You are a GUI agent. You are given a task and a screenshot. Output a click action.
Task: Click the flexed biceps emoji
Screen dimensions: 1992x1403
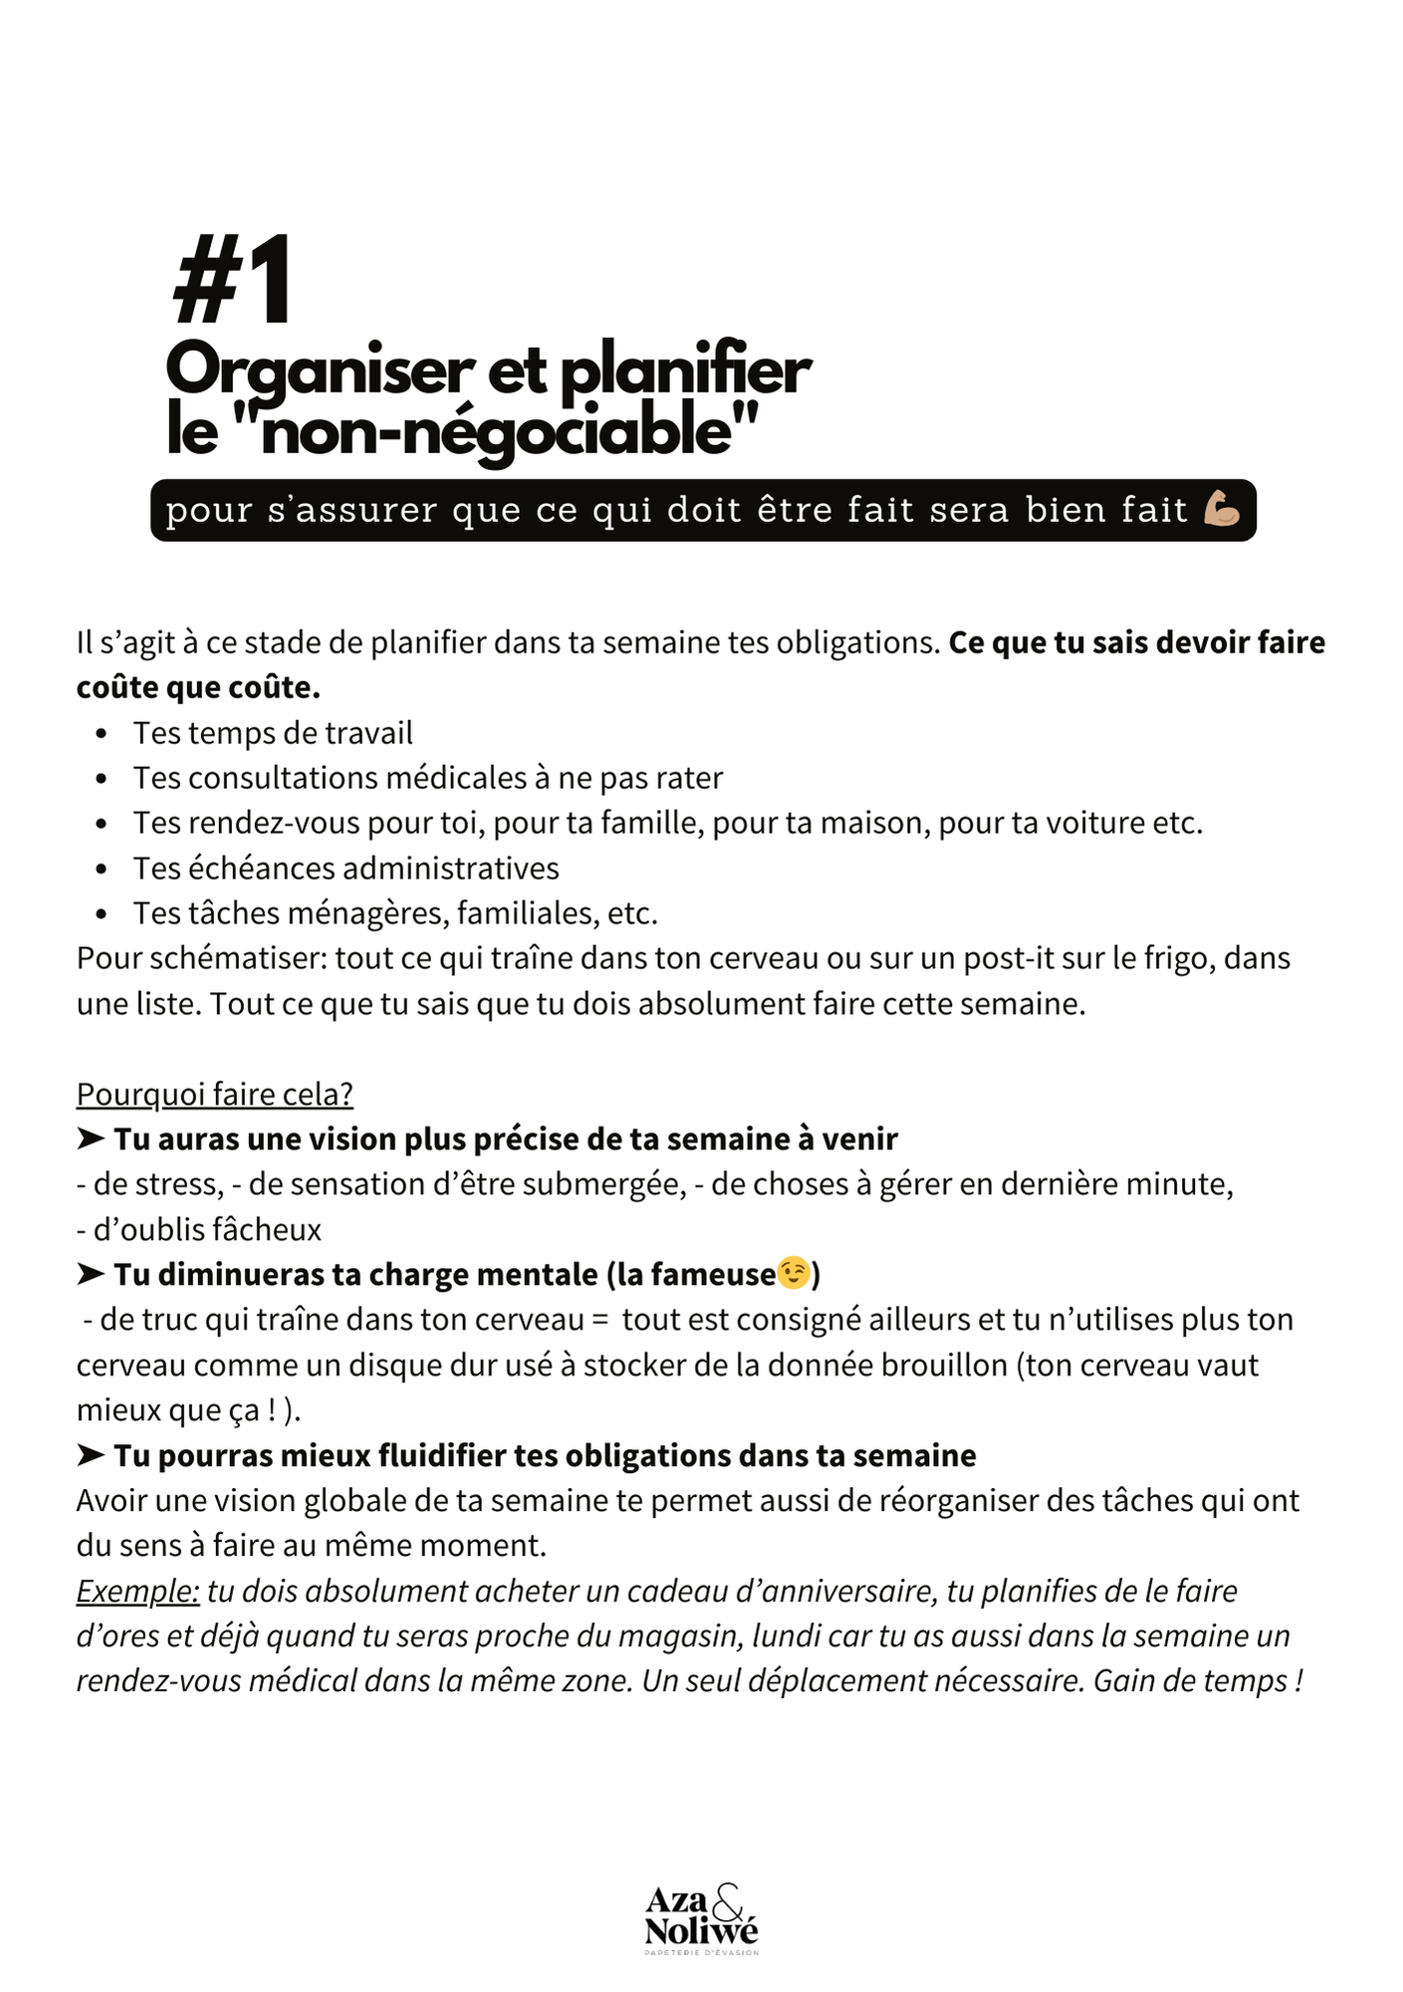coord(1221,509)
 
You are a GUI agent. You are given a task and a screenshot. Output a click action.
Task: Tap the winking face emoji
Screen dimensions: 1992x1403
coord(794,1273)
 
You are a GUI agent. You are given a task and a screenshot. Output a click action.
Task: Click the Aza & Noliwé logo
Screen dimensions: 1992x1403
coord(701,1917)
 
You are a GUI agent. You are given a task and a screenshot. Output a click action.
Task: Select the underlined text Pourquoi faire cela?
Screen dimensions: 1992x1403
coord(214,1094)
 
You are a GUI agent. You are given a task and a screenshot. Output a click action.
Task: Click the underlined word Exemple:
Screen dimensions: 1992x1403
coord(137,1591)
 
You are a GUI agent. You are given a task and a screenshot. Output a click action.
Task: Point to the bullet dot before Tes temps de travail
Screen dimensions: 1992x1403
coord(102,734)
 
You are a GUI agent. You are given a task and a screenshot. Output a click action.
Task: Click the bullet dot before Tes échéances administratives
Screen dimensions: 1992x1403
coord(102,869)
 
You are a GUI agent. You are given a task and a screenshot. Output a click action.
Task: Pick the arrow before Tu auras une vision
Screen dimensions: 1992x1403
coord(91,1138)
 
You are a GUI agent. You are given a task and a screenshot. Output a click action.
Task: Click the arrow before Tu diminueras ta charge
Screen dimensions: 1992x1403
coord(91,1274)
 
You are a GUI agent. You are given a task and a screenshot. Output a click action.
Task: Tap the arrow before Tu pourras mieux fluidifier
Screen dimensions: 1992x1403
coord(91,1455)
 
